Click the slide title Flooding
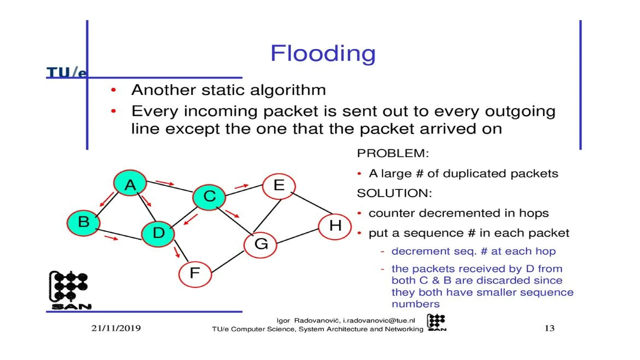pos(323,53)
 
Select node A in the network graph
pos(130,183)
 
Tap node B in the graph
pos(83,222)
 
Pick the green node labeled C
pos(209,197)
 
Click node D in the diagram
pos(158,233)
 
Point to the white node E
pos(279,186)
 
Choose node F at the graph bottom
pos(195,274)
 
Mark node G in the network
pos(261,244)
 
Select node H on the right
pos(335,226)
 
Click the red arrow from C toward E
pos(241,187)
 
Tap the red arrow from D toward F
pos(177,252)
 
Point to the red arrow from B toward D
pos(111,238)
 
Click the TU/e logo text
pos(66,72)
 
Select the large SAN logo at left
pos(70,290)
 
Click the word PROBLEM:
pos(393,153)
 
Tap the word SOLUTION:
pos(394,193)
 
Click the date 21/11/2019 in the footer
pos(116,328)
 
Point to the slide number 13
pos(549,328)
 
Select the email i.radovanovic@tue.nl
pos(379,321)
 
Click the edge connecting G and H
pos(297,236)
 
